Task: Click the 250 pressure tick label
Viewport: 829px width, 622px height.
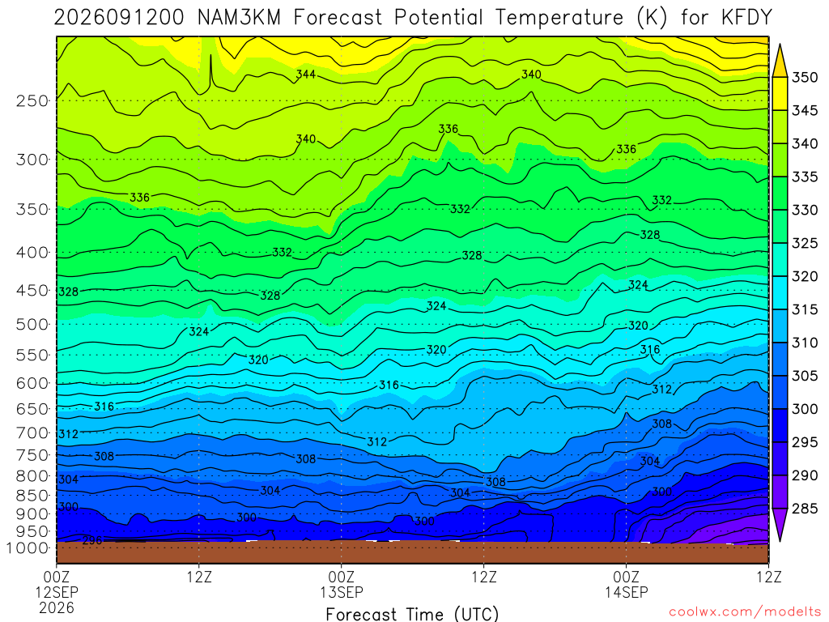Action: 32,100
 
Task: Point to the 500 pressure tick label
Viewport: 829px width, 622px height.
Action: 32,324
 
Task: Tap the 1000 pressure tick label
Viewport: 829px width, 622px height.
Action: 28,548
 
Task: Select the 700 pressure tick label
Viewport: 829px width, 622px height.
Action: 32,433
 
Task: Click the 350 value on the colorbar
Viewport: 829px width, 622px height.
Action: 804,77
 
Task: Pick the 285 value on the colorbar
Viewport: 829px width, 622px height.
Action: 804,509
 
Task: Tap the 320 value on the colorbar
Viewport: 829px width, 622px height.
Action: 804,276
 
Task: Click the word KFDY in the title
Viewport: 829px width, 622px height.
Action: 746,18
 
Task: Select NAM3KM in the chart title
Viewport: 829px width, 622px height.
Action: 239,18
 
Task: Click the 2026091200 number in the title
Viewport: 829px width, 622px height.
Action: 119,18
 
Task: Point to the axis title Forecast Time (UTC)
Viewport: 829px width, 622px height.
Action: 412,614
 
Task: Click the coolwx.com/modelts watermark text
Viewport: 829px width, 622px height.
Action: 745,612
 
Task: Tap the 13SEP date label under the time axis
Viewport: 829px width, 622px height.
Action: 341,592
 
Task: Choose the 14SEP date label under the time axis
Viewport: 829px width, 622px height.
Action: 626,592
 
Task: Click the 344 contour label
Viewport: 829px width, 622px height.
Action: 305,74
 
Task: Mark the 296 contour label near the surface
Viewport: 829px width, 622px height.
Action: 92,540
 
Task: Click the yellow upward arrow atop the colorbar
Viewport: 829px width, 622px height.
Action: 780,61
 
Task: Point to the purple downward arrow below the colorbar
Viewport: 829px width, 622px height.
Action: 780,524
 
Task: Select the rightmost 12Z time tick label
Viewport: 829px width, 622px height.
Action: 768,576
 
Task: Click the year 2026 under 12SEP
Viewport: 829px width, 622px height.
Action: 57,607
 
